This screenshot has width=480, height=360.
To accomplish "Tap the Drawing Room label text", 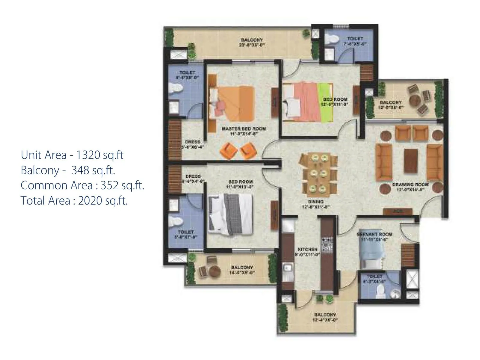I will [410, 185].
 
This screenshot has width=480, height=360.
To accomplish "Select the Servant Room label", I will [375, 234].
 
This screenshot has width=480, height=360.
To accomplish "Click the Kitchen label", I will [307, 250].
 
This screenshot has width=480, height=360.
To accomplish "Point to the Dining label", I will [315, 202].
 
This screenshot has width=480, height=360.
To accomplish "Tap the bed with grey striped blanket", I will [230, 213].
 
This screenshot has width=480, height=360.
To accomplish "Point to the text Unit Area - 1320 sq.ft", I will [72, 155].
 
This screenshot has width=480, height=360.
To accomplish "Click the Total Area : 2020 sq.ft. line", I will [74, 200].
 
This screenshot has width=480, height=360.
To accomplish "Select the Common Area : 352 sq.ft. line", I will [82, 185].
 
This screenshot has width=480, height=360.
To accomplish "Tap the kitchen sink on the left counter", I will [288, 267].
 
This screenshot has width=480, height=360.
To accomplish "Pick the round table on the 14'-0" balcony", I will [214, 271].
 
